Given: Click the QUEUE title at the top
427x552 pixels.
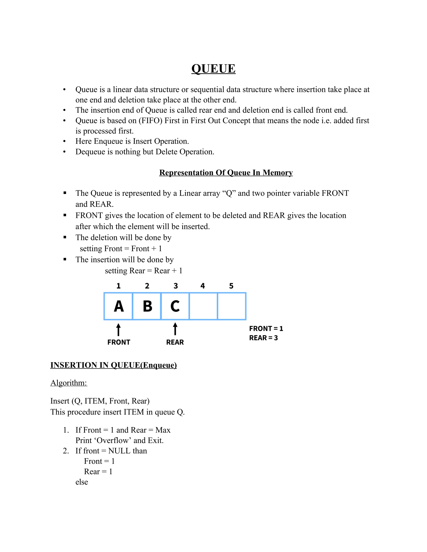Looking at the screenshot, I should click(x=213, y=69).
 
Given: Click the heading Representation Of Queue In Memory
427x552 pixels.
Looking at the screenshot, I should click(x=226, y=173).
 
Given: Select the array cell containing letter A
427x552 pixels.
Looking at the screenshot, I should click(x=118, y=306).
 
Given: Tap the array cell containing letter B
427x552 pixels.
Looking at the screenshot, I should click(x=147, y=306).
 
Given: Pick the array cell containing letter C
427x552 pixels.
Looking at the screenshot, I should click(x=175, y=306).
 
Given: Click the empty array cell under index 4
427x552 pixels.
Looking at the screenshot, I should click(x=203, y=306).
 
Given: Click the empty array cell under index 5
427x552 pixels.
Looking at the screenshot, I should click(x=232, y=306).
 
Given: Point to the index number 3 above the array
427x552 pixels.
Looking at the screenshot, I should click(x=176, y=286).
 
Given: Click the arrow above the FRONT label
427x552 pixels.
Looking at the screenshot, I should click(x=118, y=330).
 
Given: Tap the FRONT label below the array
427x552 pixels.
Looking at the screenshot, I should click(x=119, y=342).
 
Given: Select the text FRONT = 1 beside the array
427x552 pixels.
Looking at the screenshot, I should click(x=266, y=328).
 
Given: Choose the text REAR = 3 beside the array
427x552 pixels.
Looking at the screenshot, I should click(x=263, y=338).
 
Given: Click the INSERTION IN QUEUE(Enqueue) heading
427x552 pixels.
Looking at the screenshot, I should click(x=113, y=365).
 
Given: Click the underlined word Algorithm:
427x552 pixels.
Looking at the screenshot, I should click(x=69, y=383).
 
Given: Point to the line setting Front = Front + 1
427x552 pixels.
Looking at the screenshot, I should click(x=121, y=249).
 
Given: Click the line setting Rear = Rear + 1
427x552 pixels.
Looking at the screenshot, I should click(x=143, y=271).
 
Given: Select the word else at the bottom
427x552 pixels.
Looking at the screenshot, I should click(x=82, y=482).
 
